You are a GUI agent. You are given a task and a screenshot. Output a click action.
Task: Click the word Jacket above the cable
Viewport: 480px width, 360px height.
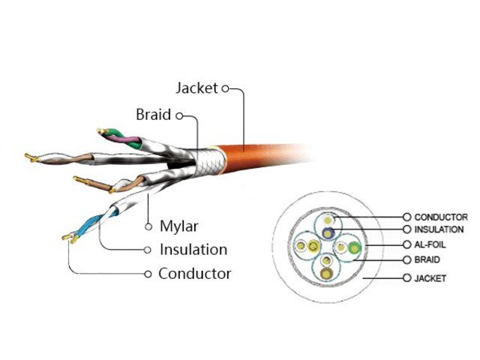[x=196, y=88]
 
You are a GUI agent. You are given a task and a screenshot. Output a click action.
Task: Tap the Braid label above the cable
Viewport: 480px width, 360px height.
[x=153, y=115]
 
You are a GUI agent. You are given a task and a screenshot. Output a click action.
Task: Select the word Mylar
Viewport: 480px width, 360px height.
[x=178, y=225]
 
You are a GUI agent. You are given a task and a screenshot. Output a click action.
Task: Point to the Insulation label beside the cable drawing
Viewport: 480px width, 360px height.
[x=193, y=249]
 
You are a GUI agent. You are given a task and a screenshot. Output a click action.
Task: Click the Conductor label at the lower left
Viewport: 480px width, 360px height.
[x=194, y=274]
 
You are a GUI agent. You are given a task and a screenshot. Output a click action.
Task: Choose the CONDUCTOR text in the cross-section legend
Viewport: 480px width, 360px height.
[x=442, y=216]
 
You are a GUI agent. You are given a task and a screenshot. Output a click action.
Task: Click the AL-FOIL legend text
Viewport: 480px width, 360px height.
[x=431, y=245]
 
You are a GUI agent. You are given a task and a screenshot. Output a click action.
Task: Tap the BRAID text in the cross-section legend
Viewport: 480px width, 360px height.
[x=427, y=260]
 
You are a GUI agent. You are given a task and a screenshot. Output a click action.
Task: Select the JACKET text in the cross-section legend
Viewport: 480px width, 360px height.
[x=430, y=278]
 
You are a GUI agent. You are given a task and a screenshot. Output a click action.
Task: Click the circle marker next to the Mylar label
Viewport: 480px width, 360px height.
[x=149, y=225]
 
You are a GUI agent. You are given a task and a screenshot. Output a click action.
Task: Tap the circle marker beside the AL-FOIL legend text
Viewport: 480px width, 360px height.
[x=407, y=245]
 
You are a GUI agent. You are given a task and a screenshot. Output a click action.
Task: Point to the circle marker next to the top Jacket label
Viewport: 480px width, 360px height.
[x=224, y=88]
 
